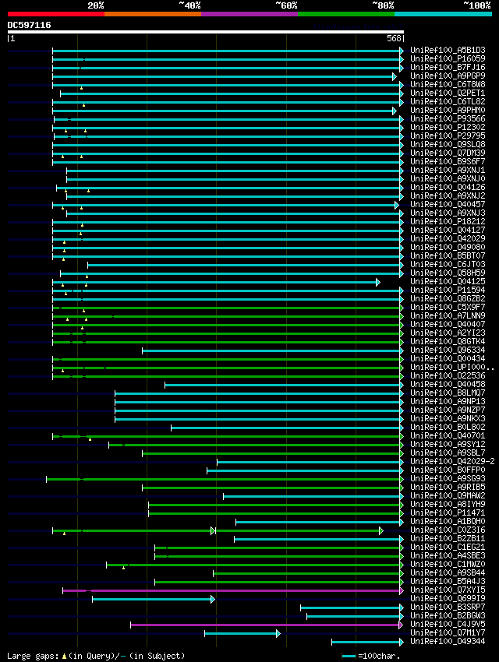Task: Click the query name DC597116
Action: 30,25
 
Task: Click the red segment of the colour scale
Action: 55,13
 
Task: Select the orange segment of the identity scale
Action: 152,13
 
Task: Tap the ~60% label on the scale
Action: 285,5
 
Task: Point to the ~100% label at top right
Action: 476,5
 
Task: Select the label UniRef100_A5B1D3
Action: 448,51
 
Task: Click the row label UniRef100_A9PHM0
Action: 448,111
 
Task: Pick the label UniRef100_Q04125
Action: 448,282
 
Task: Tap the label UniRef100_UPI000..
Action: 448,368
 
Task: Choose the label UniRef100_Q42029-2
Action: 452,462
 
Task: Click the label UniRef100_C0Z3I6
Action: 448,530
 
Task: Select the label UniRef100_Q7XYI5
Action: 448,590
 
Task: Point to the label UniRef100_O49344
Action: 448,642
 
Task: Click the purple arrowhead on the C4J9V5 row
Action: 401,625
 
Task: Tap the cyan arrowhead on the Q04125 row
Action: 378,282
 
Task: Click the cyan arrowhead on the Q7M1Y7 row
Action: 278,633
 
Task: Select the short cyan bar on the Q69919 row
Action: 152,599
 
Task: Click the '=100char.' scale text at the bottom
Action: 378,656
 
